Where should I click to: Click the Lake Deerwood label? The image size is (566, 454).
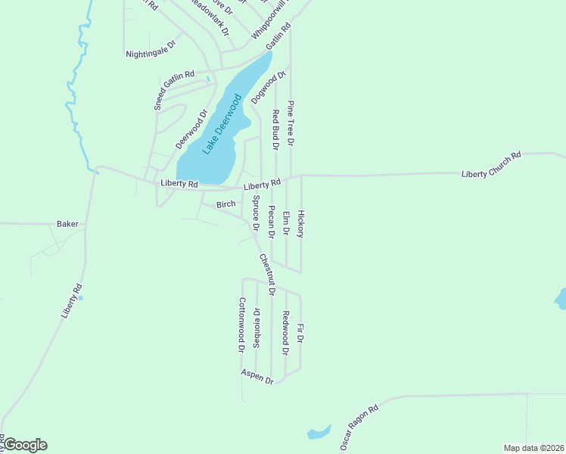tap(222, 124)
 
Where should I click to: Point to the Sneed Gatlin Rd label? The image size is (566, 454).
tap(175, 91)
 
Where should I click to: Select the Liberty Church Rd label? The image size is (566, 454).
tap(492, 164)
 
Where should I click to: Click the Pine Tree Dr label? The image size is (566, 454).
tap(291, 122)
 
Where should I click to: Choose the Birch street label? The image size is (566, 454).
tap(226, 204)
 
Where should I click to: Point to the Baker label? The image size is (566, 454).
tap(68, 224)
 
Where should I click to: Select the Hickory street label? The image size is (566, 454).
tap(300, 224)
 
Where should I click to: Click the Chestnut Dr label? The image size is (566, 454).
tap(266, 275)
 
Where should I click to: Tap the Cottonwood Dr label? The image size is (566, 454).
tap(242, 325)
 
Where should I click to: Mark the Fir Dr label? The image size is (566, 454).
tap(300, 334)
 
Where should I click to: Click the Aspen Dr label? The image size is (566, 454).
tap(257, 376)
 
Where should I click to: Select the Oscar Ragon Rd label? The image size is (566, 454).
tap(359, 427)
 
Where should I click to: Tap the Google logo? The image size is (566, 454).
tap(24, 445)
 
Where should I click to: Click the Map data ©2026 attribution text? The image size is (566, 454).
tap(533, 448)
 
